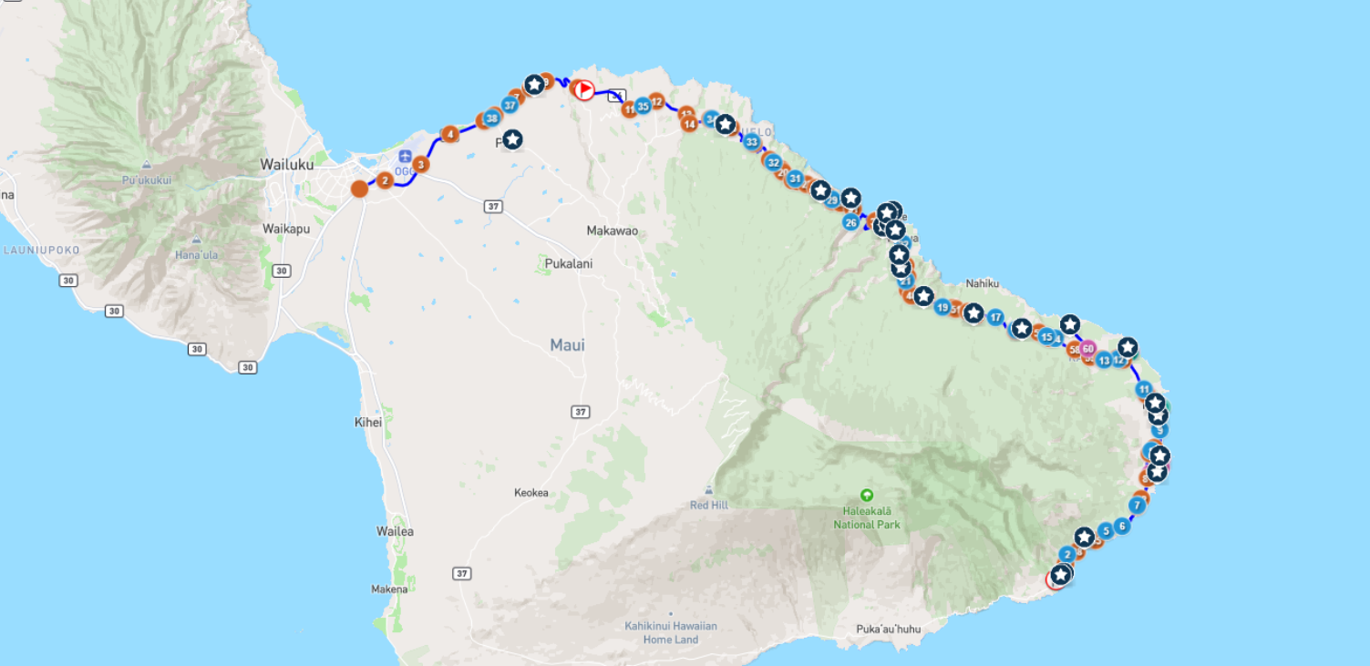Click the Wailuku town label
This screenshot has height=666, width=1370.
click(286, 165)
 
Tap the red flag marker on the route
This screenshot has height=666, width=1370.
click(582, 89)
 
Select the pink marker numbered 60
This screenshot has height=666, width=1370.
click(1087, 348)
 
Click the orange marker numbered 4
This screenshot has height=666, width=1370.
click(449, 134)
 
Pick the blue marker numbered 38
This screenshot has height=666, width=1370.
click(492, 118)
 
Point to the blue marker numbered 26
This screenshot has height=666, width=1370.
click(850, 221)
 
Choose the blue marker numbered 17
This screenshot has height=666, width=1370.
click(995, 317)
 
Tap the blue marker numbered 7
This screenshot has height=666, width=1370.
click(1137, 506)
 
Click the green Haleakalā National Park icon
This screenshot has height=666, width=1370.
click(867, 496)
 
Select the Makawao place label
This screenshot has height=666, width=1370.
click(612, 231)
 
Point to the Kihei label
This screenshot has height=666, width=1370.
click(367, 423)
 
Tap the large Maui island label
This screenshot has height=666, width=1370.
click(567, 345)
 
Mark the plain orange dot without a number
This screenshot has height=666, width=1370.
click(360, 189)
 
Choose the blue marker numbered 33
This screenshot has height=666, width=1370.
click(751, 142)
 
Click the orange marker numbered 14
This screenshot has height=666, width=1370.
click(689, 124)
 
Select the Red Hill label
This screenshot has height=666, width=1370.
click(708, 505)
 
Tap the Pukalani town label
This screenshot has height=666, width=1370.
click(569, 264)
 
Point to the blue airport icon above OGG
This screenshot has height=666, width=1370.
click(406, 157)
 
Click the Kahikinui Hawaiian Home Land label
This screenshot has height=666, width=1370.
click(671, 632)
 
